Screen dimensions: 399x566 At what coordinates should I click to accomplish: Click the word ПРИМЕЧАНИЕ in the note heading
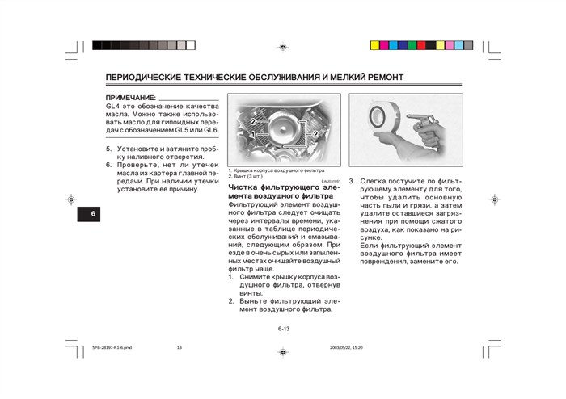[x=131, y=98]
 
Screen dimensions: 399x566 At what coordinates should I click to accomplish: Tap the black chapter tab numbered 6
[x=93, y=213]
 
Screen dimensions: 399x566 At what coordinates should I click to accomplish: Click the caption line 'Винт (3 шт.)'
[x=246, y=176]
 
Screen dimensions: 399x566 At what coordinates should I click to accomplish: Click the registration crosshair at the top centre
[x=282, y=47]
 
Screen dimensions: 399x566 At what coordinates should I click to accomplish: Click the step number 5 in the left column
[x=109, y=149]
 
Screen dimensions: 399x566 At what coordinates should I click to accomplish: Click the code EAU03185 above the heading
[x=331, y=181]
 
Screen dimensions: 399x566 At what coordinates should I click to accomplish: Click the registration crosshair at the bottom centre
[x=282, y=352]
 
